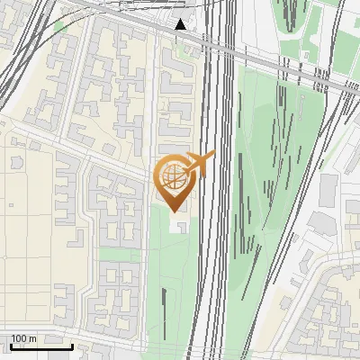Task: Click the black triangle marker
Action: click(181, 24)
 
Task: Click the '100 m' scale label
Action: click(23, 338)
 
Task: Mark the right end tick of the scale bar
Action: click(72, 344)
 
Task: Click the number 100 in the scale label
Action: click(19, 338)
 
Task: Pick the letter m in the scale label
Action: click(33, 338)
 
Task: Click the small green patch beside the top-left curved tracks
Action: click(61, 27)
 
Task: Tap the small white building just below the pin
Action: click(183, 221)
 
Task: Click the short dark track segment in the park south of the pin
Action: click(165, 296)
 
